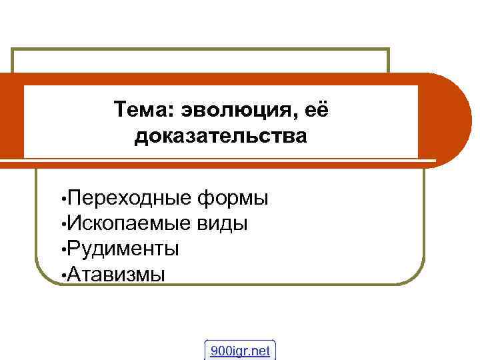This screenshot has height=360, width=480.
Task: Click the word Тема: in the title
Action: pyautogui.click(x=141, y=108)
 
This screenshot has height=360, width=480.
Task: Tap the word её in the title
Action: pyautogui.click(x=316, y=108)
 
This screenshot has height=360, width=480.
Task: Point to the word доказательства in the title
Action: pyautogui.click(x=221, y=136)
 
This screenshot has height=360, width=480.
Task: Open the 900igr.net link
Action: pyautogui.click(x=241, y=350)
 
